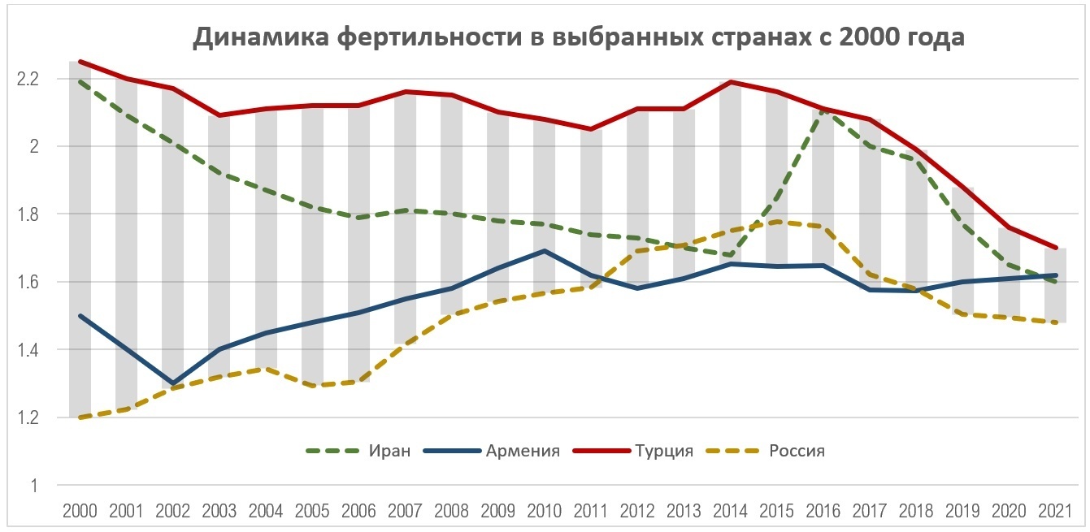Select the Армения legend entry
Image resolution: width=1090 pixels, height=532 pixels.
(x=523, y=451)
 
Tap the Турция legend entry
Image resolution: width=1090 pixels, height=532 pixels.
(x=665, y=451)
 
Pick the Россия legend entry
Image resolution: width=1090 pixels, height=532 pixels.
(x=797, y=451)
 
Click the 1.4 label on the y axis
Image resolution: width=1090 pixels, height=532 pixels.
(x=28, y=350)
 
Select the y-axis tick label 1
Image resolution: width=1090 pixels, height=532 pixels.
(x=34, y=486)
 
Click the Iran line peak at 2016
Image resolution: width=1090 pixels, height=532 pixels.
(x=823, y=110)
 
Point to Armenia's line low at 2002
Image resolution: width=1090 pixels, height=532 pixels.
(x=172, y=383)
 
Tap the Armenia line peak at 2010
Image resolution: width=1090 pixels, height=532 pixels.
(x=544, y=251)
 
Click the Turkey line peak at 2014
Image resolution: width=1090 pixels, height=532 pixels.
(x=730, y=82)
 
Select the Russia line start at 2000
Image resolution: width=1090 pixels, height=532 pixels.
(x=80, y=417)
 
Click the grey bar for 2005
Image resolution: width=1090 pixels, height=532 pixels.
(x=312, y=244)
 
